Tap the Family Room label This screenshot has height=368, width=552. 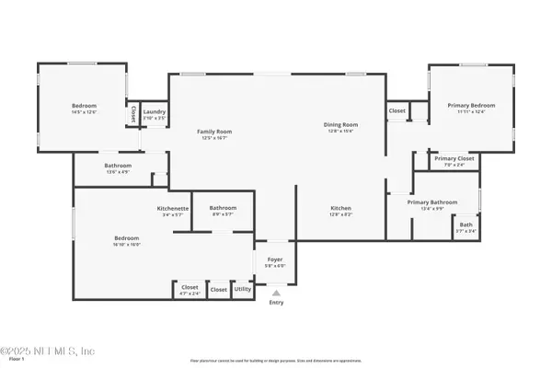pos(214,132)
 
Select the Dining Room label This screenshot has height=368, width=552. pos(339,124)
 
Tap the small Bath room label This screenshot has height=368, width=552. pos(466,225)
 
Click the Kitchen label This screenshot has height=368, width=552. pos(341,208)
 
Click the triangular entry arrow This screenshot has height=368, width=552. pos(276,293)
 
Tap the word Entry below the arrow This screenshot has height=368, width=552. pos(276,303)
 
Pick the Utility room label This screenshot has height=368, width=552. pos(243,289)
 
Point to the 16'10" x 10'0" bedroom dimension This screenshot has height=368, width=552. pos(127,244)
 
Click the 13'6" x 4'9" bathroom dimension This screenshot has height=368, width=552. pos(98,172)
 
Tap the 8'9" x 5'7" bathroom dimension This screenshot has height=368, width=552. pos(224,214)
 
